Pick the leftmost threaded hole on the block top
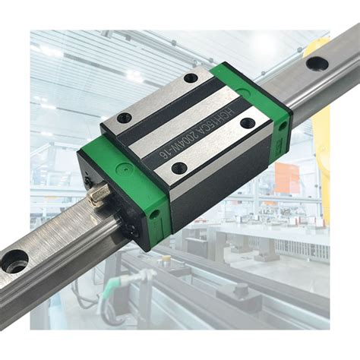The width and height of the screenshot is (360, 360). (124, 117)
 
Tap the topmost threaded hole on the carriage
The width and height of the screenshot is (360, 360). (189, 77)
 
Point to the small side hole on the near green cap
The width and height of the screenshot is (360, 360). (156, 215)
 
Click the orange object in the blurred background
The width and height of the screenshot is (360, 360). (287, 179)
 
